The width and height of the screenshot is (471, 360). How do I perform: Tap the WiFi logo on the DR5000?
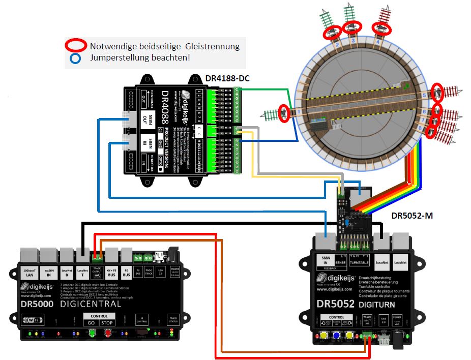pos(32,321)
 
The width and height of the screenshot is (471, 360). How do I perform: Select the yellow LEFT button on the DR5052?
pos(323,336)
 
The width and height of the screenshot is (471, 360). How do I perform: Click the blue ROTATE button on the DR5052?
pos(337,336)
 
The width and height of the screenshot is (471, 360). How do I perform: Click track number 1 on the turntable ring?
pos(300,111)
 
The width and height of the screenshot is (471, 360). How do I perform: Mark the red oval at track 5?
pos(437,92)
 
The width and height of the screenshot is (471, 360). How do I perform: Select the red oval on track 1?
pos(284,112)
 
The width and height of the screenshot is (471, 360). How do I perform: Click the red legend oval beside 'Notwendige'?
pos(76,45)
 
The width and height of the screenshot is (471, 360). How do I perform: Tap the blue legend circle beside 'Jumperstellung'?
pos(76,58)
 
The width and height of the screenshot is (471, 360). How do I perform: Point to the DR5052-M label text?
pos(412,215)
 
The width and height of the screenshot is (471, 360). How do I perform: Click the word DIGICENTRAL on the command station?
pos(91,304)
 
